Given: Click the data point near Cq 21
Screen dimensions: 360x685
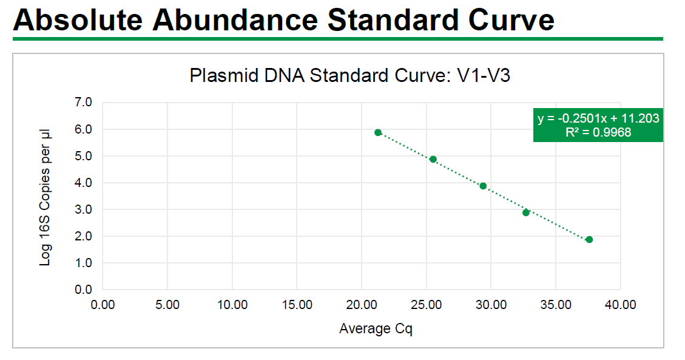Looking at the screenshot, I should click(x=378, y=132).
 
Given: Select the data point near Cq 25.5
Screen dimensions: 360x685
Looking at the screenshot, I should click(x=433, y=159).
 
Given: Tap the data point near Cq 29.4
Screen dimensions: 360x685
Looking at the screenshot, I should click(x=483, y=186).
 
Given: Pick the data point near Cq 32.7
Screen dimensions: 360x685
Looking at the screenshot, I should click(x=526, y=212).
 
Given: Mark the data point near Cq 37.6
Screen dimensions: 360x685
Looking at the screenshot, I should click(x=589, y=239).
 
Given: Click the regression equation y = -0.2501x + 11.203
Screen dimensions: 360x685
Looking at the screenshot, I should click(x=598, y=118).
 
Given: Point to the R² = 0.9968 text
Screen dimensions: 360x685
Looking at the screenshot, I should click(x=598, y=132).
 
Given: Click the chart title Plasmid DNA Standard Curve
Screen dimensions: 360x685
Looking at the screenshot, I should click(x=353, y=76).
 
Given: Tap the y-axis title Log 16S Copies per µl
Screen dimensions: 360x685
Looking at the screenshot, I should click(x=46, y=197).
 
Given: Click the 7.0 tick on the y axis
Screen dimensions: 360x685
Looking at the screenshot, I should click(x=83, y=103).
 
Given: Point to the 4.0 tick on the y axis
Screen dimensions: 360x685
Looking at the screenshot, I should click(x=83, y=183).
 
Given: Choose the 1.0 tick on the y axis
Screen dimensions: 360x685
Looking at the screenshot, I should click(x=83, y=263).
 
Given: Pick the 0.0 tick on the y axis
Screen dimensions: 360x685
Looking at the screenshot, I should click(x=83, y=290).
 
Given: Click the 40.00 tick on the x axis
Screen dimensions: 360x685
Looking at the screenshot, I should click(x=620, y=305).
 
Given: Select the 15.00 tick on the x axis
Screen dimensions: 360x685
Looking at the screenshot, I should click(x=297, y=305).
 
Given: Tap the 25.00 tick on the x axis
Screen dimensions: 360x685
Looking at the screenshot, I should click(x=426, y=305).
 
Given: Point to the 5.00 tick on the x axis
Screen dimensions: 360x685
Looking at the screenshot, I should click(x=167, y=305).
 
